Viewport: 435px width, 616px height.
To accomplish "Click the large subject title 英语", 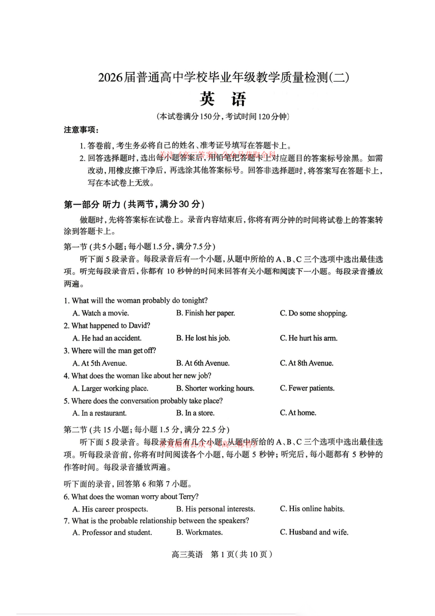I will [223, 99].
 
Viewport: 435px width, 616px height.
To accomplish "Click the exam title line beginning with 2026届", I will [224, 78].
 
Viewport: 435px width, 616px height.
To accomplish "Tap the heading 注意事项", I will [81, 130].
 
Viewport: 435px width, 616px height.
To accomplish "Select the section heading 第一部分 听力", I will [134, 204].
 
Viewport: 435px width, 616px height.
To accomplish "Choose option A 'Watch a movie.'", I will [101, 313].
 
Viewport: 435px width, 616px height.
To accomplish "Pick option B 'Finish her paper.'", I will [205, 313].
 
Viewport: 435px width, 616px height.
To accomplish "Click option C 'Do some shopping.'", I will [314, 313].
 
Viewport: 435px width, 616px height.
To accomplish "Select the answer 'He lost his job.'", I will [203, 338].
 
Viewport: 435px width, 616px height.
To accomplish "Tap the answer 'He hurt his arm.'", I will [309, 338].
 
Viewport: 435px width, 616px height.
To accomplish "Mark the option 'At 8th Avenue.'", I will [307, 363].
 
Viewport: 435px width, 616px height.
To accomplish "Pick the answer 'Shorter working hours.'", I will [215, 388].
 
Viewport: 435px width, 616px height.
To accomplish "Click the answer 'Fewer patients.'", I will [307, 388].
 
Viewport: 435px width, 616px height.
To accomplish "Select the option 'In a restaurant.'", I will [100, 413].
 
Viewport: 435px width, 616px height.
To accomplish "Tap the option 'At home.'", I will [298, 413].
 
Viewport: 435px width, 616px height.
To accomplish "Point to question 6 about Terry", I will [131, 497].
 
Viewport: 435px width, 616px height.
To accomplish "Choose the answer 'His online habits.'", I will [312, 509].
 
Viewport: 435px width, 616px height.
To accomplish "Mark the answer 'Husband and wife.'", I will [314, 532].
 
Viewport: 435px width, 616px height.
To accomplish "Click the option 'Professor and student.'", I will [112, 533].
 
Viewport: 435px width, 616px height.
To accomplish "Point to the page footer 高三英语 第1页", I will [222, 555].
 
